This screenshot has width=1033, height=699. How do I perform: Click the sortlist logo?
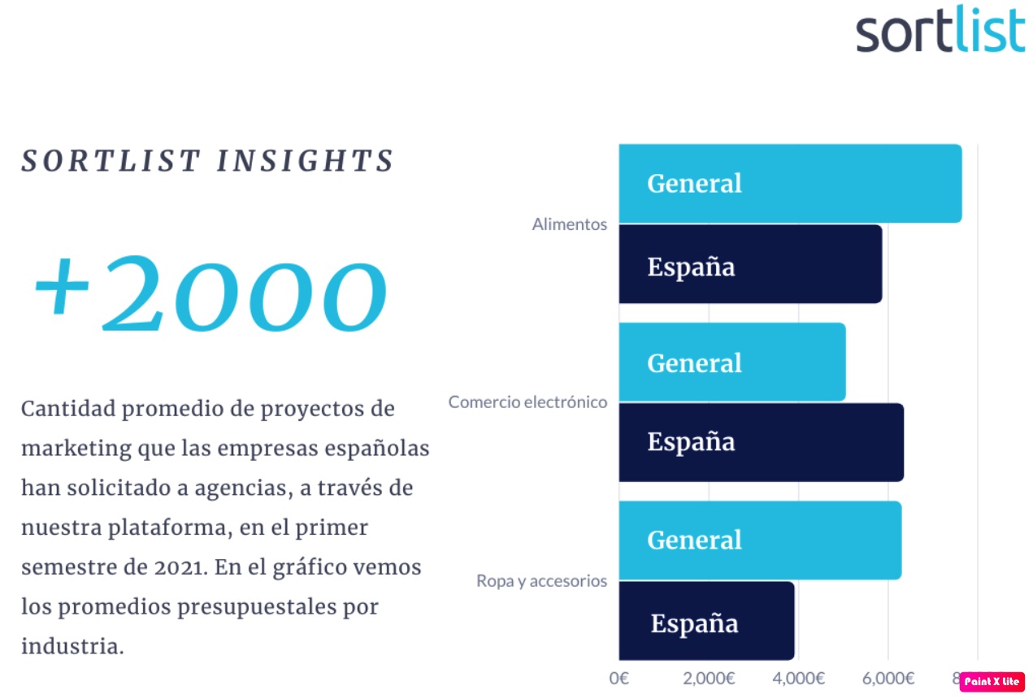(941, 29)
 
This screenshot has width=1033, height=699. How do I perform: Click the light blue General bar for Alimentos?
(791, 184)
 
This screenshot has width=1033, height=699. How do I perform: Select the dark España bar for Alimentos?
(750, 264)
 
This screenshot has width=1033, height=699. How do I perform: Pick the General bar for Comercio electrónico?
(732, 362)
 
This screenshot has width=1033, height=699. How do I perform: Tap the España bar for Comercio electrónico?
(762, 443)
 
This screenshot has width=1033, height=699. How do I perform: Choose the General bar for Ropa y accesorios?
(760, 541)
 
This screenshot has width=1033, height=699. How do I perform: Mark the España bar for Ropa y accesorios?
(706, 621)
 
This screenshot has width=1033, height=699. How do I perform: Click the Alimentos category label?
(570, 224)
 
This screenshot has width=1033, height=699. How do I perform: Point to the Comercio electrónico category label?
(527, 402)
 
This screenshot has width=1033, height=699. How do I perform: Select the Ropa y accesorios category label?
(541, 581)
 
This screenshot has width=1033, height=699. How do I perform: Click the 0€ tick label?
(618, 678)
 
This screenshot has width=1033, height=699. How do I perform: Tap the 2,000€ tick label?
(709, 678)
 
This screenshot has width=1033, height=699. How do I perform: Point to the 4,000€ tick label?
(799, 678)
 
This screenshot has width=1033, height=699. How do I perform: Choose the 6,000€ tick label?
(888, 678)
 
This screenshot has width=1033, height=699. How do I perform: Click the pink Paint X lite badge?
(992, 682)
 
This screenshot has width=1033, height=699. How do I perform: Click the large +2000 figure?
(211, 293)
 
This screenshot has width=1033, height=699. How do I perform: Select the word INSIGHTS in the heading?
(305, 161)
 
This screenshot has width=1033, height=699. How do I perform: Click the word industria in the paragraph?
(72, 645)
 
